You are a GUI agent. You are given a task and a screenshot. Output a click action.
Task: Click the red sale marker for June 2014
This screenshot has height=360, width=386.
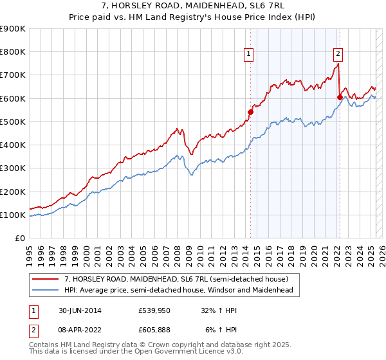coord(251,111)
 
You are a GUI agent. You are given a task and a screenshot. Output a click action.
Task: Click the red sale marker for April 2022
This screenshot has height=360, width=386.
coord(339,97)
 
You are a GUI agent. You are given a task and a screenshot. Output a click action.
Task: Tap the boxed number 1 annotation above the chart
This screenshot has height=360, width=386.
coord(249,55)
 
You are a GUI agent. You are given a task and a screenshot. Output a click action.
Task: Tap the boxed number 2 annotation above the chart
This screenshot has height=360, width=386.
coord(338,55)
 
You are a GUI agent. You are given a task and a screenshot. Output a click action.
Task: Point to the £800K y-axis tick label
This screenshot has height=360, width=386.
coord(13,52)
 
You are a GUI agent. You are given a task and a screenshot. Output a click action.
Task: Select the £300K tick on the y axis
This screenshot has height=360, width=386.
coord(13,168)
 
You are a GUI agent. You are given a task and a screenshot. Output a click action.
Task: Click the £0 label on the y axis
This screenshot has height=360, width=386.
coord(20,239)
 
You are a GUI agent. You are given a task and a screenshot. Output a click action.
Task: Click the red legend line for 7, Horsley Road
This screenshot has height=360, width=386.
coord(46,279)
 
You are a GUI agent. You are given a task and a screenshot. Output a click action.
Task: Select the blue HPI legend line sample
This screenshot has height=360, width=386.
coord(46,290)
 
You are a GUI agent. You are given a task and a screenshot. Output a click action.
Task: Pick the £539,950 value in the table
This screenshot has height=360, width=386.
coord(154,310)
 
